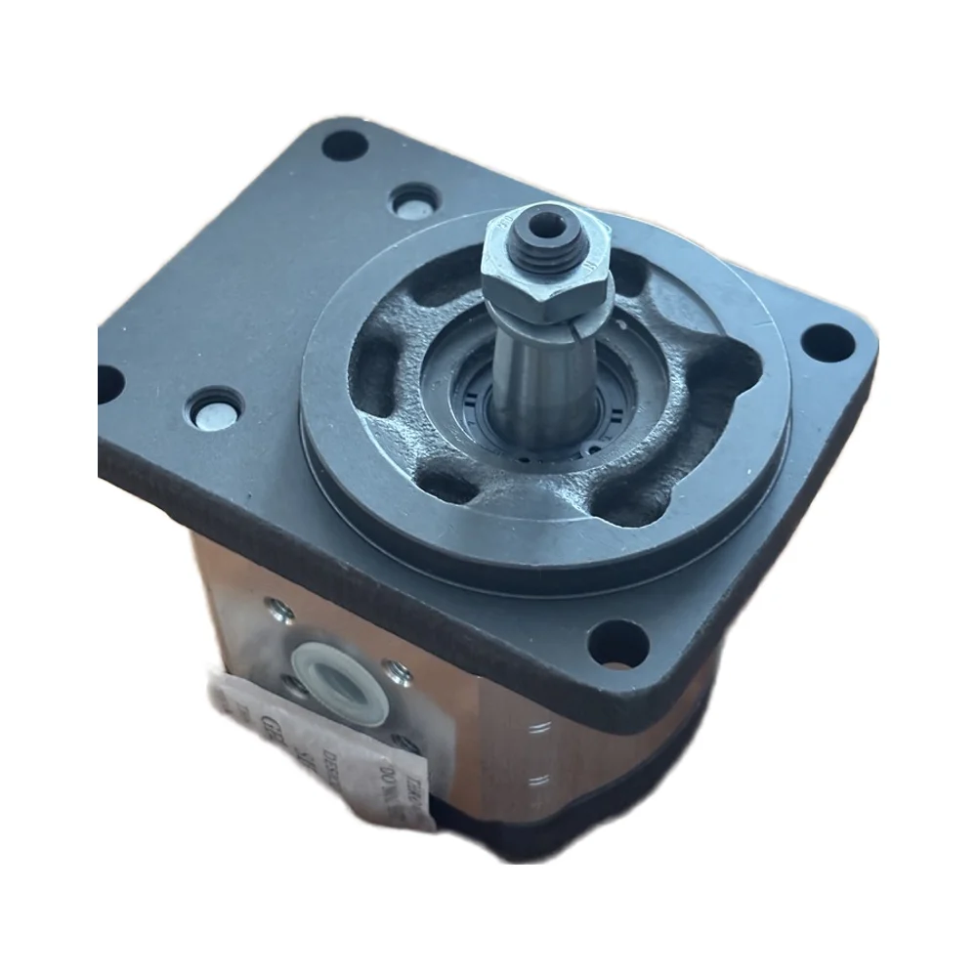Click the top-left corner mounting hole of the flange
pos(344,147)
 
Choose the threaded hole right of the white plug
pos(396,670)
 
